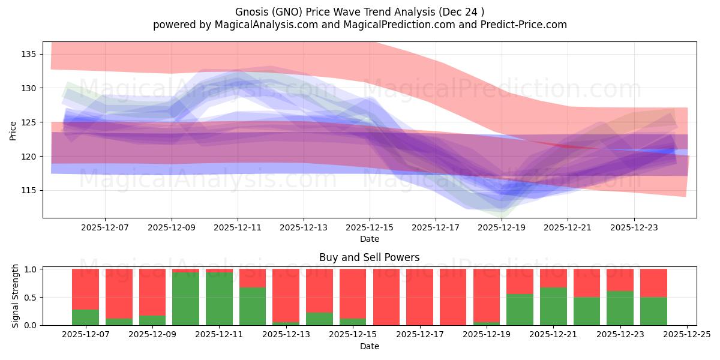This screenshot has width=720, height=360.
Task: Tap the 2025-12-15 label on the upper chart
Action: click(370, 228)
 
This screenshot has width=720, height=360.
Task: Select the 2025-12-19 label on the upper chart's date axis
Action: click(502, 228)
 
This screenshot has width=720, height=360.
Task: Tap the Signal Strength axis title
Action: click(16, 296)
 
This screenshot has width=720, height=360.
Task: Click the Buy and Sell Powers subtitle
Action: click(370, 257)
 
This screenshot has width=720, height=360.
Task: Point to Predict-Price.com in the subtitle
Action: click(524, 25)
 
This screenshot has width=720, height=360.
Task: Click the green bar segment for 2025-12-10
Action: click(186, 299)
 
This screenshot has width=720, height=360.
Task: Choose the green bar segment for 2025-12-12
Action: click(253, 306)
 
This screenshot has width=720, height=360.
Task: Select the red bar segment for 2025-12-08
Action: click(119, 293)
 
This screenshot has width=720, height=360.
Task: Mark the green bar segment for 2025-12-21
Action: click(553, 306)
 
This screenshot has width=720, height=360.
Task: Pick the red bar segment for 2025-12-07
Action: click(85, 289)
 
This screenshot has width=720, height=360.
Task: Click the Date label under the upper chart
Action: click(370, 239)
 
